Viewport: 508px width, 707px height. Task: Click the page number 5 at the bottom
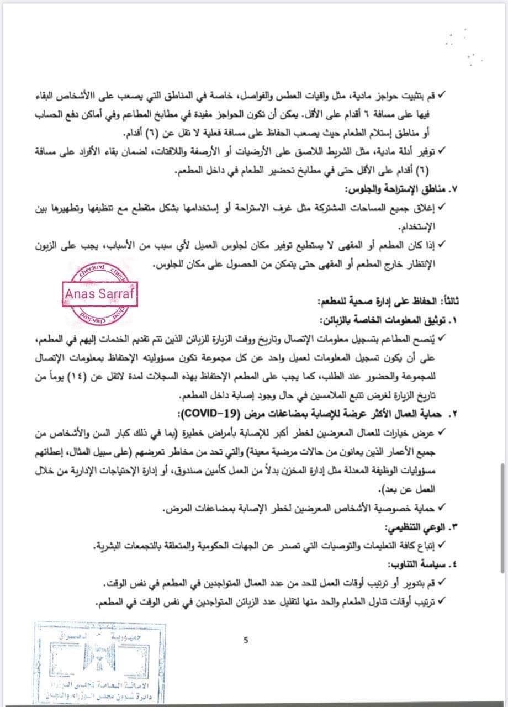click(246, 641)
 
